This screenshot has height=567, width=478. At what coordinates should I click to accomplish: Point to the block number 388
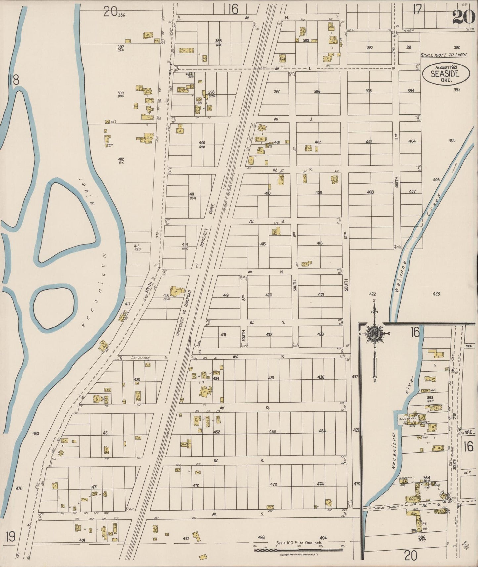point(218,41)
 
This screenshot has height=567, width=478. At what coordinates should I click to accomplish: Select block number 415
point(263,244)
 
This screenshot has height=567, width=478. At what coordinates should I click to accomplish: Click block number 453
point(272,431)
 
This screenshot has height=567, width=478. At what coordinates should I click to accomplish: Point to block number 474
point(320,484)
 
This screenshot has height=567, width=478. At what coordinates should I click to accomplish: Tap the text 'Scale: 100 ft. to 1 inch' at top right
point(444,55)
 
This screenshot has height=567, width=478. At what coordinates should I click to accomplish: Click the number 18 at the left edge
point(14,80)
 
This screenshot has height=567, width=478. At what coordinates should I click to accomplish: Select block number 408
point(370,192)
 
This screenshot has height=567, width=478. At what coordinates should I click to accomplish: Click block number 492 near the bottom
point(186,538)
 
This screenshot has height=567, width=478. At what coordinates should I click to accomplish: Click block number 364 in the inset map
point(427,477)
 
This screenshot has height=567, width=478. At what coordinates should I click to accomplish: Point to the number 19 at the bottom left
point(10,535)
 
